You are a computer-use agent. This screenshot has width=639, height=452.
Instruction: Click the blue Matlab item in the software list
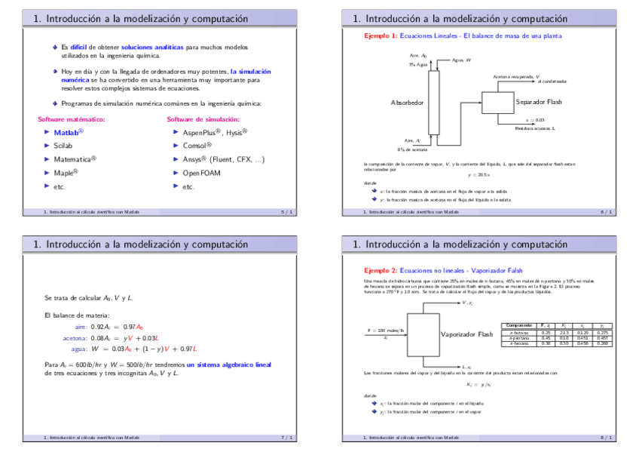[67, 132]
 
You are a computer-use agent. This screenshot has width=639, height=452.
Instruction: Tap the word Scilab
[63, 146]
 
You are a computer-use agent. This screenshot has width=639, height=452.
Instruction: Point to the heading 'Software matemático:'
[72, 119]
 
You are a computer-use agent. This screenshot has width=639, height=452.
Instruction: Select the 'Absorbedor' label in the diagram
[408, 102]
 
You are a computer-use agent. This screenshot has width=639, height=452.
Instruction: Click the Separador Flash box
[497, 101]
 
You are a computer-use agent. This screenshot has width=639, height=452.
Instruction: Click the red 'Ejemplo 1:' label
[381, 35]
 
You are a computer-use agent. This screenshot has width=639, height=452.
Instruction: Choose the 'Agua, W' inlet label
[462, 60]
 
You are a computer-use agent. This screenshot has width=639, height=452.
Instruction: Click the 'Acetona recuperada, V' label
[516, 76]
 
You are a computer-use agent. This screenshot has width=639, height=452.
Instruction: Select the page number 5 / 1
[287, 212]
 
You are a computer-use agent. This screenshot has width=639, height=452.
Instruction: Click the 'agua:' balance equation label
[78, 349]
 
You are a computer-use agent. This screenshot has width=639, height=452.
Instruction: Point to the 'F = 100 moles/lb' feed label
[385, 330]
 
